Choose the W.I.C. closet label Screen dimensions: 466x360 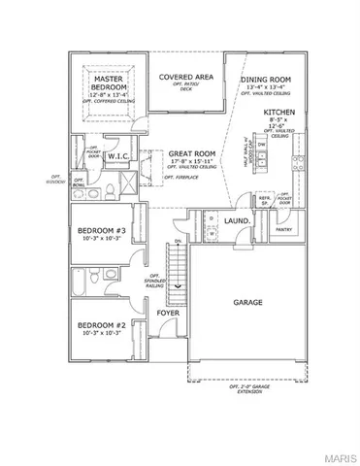tap(118, 155)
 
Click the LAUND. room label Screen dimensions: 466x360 tap(239, 220)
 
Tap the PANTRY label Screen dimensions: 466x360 tap(284, 229)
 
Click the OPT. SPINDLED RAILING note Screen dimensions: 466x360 tap(144, 281)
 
